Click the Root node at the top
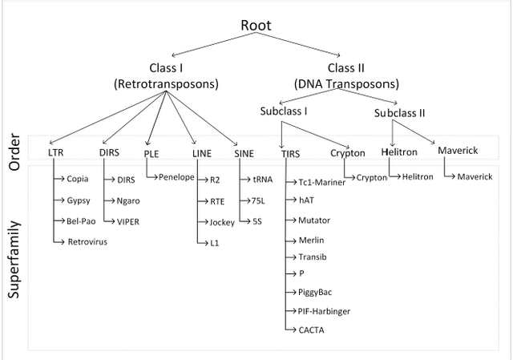(256, 26)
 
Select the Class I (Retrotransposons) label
(167, 75)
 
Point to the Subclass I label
(283, 111)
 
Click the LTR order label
(55, 152)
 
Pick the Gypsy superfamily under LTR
(78, 200)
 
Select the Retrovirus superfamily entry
(87, 241)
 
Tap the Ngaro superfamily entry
(128, 200)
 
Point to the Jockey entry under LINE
(222, 222)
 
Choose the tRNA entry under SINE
(262, 180)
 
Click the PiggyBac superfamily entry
(314, 292)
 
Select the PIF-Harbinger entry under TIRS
(324, 310)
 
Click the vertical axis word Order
(14, 152)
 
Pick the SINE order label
(244, 152)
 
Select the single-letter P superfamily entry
(301, 273)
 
